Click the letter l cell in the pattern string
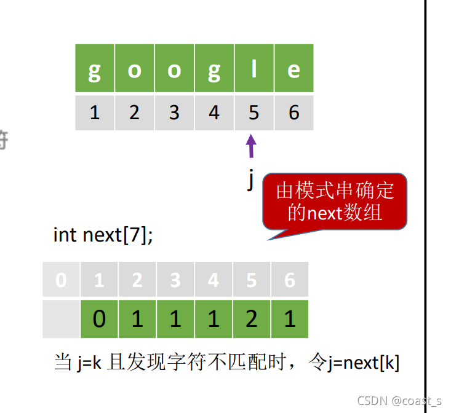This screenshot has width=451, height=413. (x=253, y=70)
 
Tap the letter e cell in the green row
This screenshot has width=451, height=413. (x=293, y=70)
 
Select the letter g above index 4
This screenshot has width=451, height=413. (x=214, y=70)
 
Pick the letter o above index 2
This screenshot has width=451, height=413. (x=134, y=70)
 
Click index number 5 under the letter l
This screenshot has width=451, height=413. (x=253, y=113)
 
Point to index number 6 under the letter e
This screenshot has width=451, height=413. (x=293, y=113)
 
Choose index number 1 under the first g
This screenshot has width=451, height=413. (x=94, y=113)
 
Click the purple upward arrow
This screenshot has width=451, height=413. (x=251, y=146)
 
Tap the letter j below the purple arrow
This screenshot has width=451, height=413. (x=250, y=179)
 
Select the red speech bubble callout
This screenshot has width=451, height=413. (x=335, y=202)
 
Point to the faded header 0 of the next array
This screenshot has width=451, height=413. (x=61, y=281)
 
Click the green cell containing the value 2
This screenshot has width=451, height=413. (x=251, y=319)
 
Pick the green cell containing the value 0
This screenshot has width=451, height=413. (x=99, y=319)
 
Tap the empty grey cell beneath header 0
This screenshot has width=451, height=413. (x=62, y=319)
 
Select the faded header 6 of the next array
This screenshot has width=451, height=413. (x=289, y=281)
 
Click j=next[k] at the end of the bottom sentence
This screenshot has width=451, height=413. (x=362, y=363)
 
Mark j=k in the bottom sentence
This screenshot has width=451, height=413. (x=90, y=363)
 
